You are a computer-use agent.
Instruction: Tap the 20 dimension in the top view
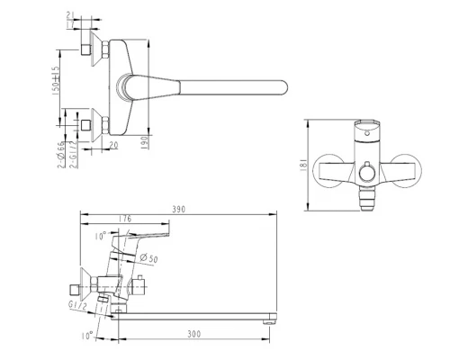pos(113,143)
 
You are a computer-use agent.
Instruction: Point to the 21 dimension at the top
pos(71,18)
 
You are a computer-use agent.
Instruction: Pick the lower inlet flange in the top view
pos(87,122)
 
